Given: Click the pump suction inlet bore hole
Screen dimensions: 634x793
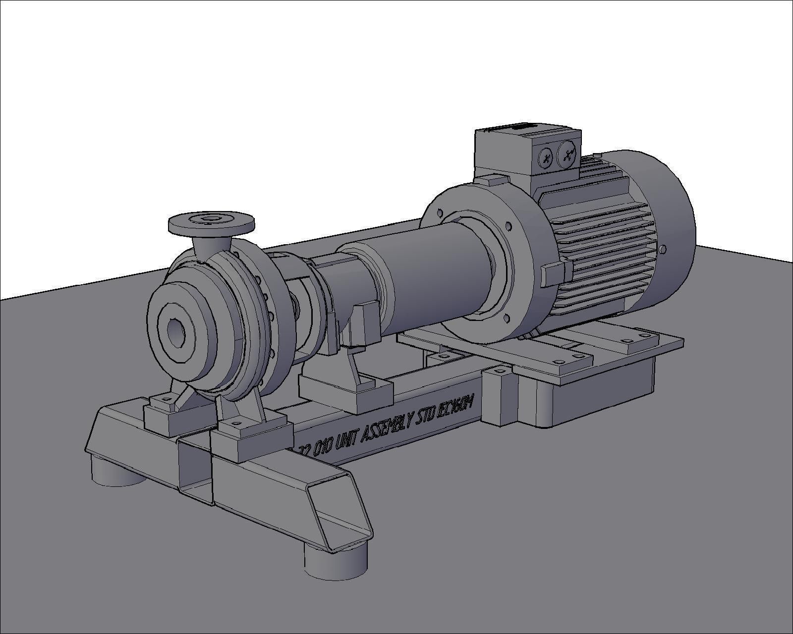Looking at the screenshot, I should pos(176,333).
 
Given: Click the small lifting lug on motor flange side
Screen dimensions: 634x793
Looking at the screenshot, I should pos(553,274).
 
